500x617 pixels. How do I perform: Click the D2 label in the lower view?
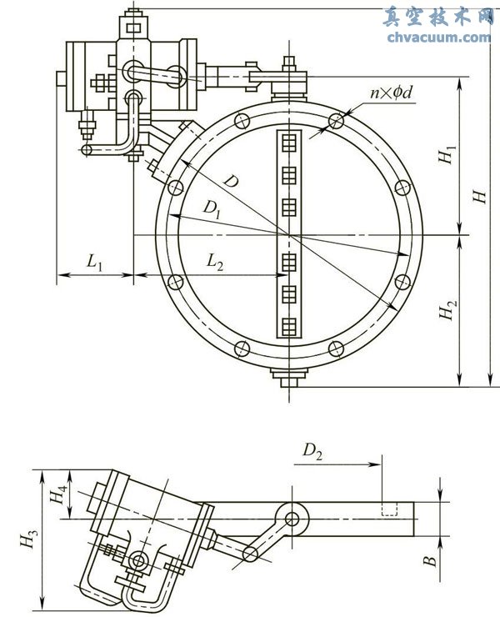coord(312,453)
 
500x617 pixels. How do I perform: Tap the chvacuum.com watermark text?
coord(439,37)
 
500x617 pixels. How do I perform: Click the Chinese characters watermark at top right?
coord(439,17)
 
